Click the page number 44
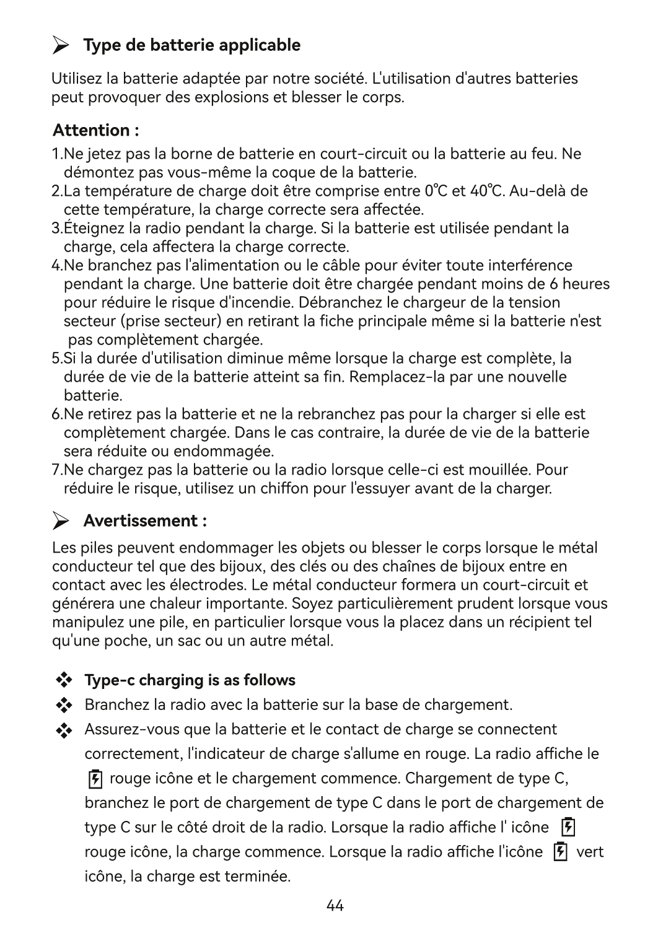coord(335,906)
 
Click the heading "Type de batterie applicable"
coord(191,45)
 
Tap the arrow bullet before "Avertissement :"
coord(60,522)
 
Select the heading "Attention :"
coord(95,131)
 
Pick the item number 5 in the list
coord(56,359)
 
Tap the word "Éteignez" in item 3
coord(94,228)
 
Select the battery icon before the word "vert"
coord(559,852)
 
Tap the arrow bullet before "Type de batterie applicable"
coord(60,45)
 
